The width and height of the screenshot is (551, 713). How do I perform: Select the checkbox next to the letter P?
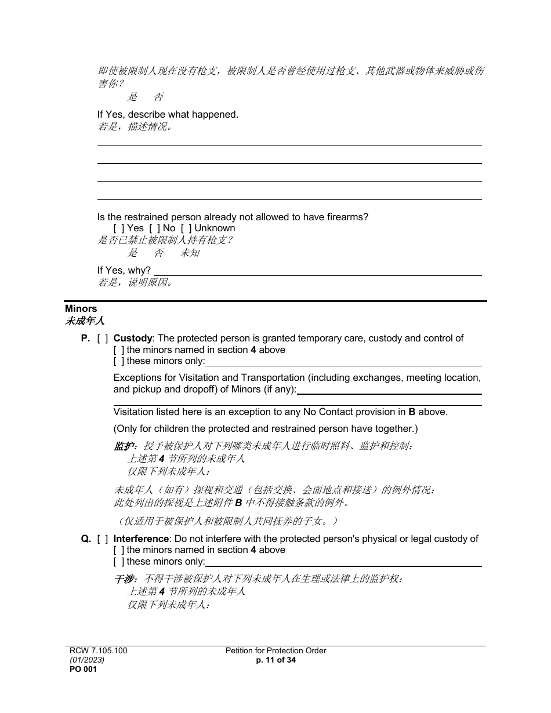click(x=103, y=338)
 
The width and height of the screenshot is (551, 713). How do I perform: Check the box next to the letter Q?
click(x=103, y=539)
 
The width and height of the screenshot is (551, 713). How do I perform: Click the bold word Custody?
click(x=132, y=338)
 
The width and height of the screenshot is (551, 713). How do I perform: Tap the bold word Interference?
click(x=141, y=539)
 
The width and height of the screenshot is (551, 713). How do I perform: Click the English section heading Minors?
click(x=81, y=308)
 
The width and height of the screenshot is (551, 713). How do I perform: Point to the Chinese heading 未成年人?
click(x=84, y=321)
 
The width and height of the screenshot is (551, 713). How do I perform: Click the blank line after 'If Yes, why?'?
click(x=317, y=271)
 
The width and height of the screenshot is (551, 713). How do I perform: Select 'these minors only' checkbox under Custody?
click(x=118, y=361)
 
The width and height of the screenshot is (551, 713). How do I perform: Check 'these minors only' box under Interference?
click(x=118, y=561)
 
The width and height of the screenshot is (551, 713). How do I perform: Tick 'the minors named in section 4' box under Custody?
click(x=118, y=350)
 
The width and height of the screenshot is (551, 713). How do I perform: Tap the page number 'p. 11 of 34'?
click(x=275, y=660)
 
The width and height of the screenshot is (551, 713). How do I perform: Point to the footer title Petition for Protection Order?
click(x=275, y=650)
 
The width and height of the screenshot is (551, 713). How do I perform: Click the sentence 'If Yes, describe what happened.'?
click(x=168, y=114)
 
